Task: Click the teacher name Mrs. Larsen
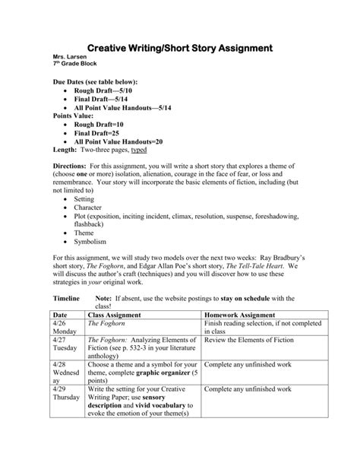[x=67, y=57]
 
